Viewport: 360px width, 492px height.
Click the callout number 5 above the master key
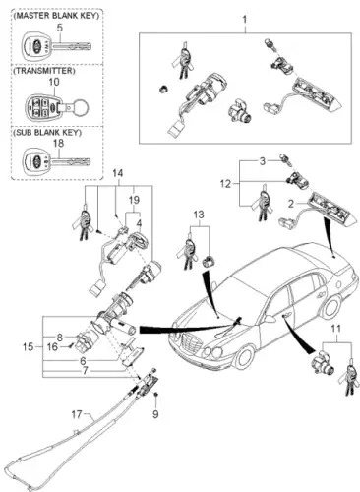click(x=59, y=28)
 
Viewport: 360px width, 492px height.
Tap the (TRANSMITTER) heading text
click(x=43, y=71)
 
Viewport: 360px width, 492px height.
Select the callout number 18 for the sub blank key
click(x=58, y=144)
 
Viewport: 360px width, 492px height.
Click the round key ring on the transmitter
click(x=81, y=107)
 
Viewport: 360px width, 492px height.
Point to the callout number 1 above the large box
click(x=245, y=20)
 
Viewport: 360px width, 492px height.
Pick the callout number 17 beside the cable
click(x=77, y=414)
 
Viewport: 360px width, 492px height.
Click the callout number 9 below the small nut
click(x=155, y=414)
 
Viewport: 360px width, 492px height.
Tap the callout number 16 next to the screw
click(x=52, y=346)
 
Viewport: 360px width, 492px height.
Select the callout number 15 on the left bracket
click(x=29, y=346)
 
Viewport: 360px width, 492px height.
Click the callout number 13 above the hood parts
click(x=199, y=215)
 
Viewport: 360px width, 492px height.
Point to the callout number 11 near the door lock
click(x=335, y=329)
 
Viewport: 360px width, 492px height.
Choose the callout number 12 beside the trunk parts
click(x=225, y=184)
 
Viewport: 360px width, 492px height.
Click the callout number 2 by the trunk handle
click(x=291, y=204)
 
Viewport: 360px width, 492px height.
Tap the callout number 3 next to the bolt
click(x=262, y=161)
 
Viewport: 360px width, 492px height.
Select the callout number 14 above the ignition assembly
click(x=118, y=173)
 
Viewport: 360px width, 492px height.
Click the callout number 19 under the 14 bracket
click(x=134, y=200)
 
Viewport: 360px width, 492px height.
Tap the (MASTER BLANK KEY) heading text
click(x=57, y=16)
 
